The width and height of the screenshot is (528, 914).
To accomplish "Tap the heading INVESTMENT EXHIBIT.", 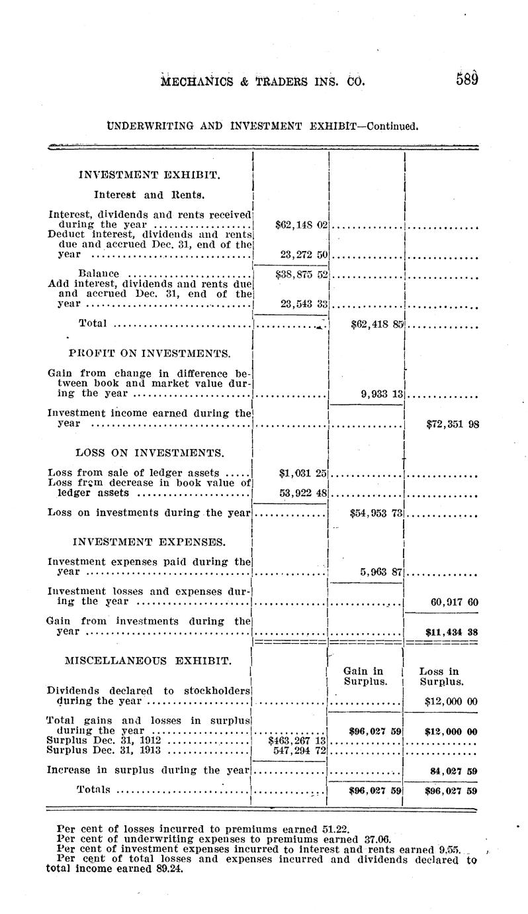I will point(150,176).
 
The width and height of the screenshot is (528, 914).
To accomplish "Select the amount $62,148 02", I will point(301,225).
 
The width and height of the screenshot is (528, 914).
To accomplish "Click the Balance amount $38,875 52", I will point(301,274).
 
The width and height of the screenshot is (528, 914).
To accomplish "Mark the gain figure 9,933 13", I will point(382,393).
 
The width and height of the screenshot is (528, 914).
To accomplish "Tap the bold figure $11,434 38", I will point(453,632).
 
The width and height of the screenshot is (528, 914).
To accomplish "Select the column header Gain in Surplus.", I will point(364,676).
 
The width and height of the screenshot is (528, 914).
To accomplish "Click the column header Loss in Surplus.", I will point(440,676).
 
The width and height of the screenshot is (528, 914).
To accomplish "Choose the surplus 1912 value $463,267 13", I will point(298,740).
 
